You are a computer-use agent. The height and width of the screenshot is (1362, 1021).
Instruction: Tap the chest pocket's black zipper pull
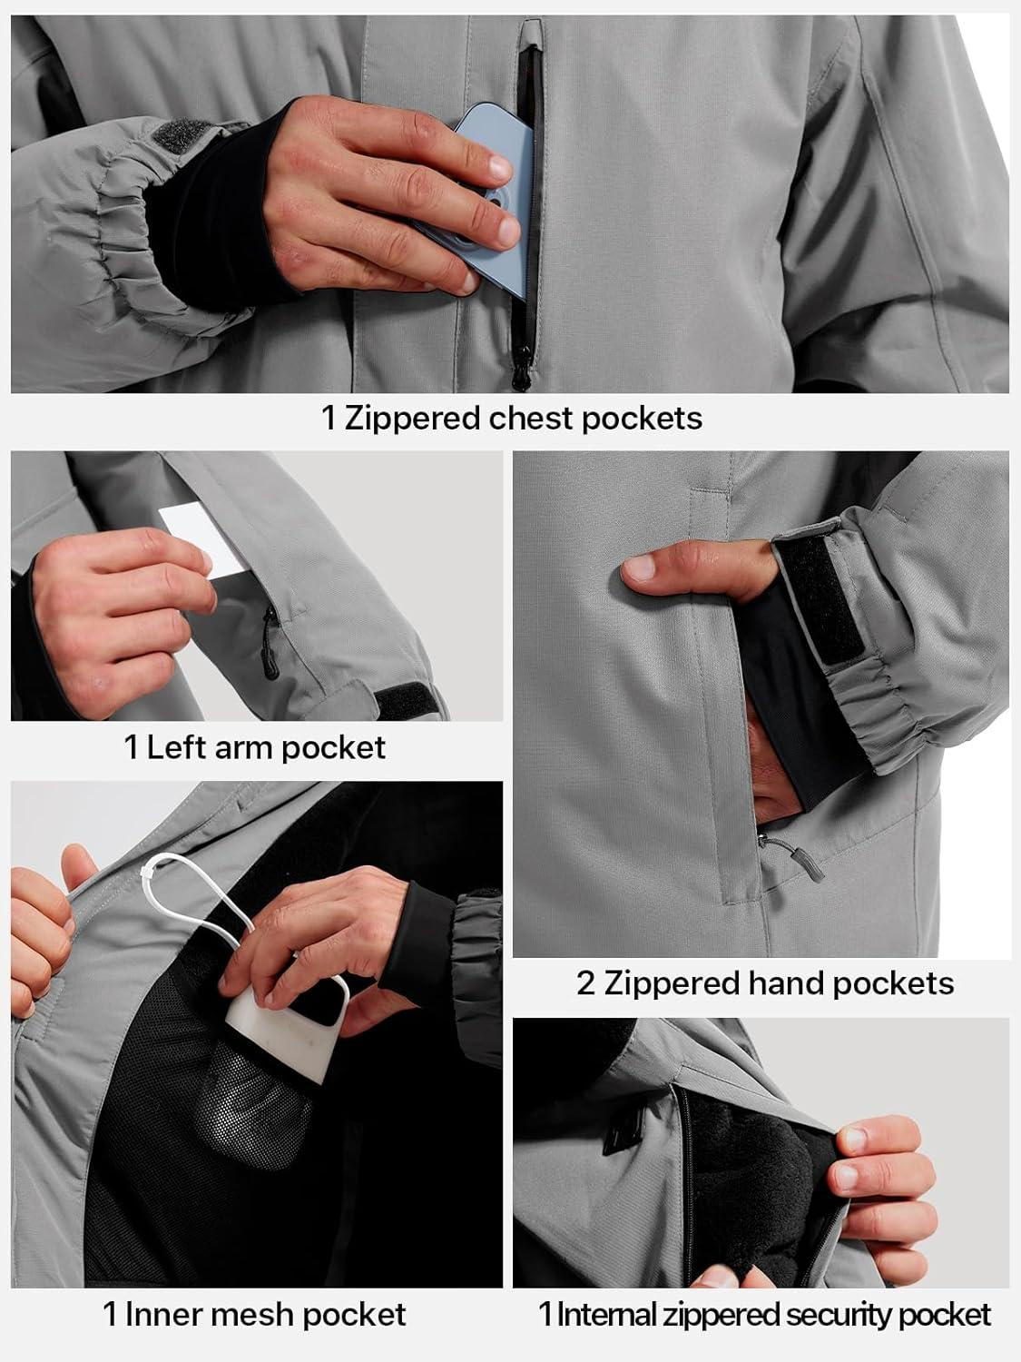pyautogui.click(x=521, y=368)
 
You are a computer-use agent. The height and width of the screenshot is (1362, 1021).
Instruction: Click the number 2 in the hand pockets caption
pyautogui.click(x=585, y=983)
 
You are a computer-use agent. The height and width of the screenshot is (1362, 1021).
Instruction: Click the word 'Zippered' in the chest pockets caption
pyautogui.click(x=413, y=419)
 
